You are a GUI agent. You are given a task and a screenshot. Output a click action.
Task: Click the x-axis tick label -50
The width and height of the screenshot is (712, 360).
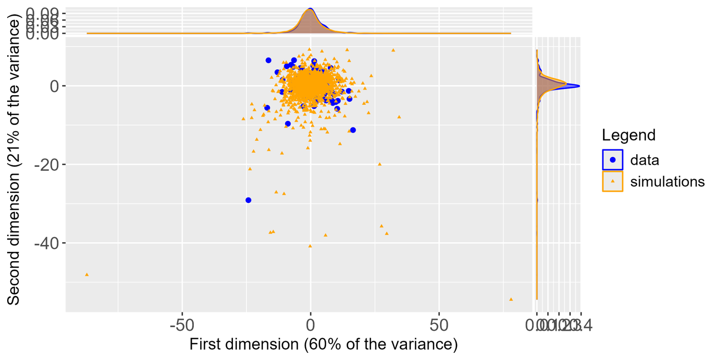coord(182,326)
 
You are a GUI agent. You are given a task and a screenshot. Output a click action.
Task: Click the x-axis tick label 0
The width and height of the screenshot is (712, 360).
coord(310,326)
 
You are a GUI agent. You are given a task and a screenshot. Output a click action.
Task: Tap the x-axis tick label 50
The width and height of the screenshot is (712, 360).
coord(439,326)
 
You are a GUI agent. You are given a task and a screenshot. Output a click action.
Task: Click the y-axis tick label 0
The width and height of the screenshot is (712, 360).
coord(55,86)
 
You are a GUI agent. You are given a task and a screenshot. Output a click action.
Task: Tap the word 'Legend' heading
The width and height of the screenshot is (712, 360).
coord(628,135)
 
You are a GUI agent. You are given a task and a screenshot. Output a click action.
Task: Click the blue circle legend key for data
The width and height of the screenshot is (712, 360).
coord(613,160)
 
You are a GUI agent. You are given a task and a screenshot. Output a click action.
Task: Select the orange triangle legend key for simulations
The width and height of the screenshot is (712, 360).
coord(613,181)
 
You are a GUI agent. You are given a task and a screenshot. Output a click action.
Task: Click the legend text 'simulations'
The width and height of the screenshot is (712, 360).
coord(667,182)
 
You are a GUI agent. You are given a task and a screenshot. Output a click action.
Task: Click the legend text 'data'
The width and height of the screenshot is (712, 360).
coord(645,160)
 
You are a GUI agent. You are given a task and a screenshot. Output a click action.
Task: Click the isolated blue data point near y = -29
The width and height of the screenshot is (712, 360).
coord(248,200)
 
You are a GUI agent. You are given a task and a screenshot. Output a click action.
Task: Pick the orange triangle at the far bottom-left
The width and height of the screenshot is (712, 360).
coord(87,275)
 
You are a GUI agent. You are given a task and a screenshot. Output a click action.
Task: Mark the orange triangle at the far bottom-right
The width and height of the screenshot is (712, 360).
coord(511,299)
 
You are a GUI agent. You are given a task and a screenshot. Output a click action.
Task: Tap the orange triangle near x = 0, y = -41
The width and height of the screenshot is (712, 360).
coord(310,246)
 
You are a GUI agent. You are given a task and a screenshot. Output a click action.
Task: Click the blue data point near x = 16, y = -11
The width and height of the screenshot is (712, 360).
coord(353,130)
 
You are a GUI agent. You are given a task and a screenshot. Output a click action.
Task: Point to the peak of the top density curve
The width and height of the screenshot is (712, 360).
coord(310,9)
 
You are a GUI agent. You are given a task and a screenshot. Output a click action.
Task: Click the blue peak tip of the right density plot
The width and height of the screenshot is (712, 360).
coord(579,86)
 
